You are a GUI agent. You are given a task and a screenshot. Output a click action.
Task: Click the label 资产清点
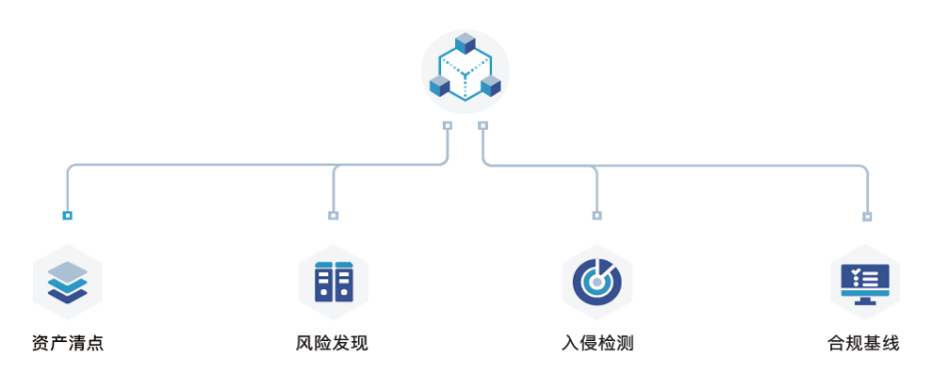68,344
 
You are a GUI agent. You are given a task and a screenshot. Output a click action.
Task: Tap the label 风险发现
332,344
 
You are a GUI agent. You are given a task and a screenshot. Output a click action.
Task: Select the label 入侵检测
598,344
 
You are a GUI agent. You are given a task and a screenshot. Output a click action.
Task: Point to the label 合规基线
863,344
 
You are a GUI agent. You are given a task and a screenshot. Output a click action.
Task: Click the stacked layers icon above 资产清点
67,282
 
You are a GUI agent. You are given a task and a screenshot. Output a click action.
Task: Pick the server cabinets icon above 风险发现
333,282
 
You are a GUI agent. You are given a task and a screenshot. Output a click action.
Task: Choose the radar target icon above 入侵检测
597,282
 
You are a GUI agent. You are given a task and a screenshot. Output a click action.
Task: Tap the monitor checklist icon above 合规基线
865,283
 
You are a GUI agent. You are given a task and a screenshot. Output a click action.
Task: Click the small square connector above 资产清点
67,215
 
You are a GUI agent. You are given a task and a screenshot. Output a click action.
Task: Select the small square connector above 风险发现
333,215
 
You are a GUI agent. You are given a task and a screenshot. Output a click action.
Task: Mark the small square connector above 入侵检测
597,215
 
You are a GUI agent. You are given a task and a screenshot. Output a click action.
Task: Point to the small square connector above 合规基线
867,216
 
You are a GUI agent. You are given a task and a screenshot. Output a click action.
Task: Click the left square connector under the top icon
447,126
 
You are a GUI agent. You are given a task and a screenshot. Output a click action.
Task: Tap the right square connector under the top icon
482,126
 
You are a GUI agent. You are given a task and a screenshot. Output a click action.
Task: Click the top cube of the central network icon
465,44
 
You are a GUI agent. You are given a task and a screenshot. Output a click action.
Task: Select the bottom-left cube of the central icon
440,87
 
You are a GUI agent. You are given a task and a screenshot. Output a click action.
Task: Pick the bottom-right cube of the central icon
491,87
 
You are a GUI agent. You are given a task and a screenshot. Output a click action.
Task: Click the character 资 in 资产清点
41,344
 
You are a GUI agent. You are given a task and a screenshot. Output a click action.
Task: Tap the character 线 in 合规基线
890,344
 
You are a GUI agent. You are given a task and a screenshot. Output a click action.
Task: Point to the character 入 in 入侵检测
570,344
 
